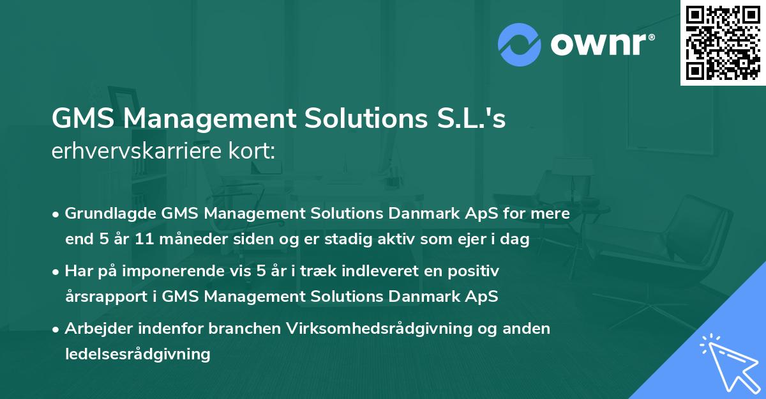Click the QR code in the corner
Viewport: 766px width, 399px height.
[722, 43]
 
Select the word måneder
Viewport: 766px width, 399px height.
[187, 239]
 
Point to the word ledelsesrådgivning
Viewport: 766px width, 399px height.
[137, 354]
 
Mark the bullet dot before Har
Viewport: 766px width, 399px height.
[57, 271]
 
